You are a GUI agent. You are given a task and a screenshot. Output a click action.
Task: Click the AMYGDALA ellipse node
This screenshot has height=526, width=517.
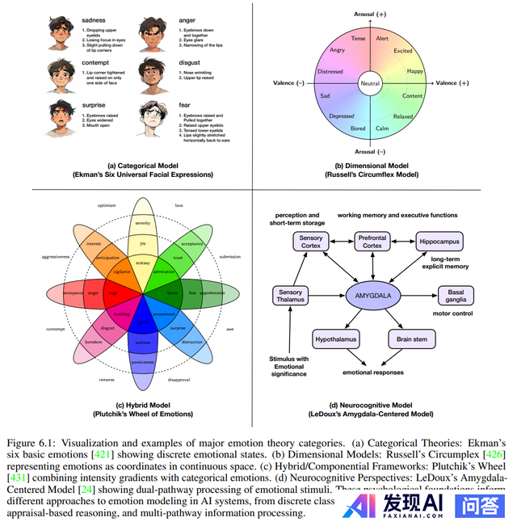(x=374, y=295)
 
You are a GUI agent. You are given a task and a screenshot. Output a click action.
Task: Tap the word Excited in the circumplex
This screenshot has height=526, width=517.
(x=425, y=51)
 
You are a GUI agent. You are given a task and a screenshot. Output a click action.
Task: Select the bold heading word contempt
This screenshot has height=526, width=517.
(x=97, y=60)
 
